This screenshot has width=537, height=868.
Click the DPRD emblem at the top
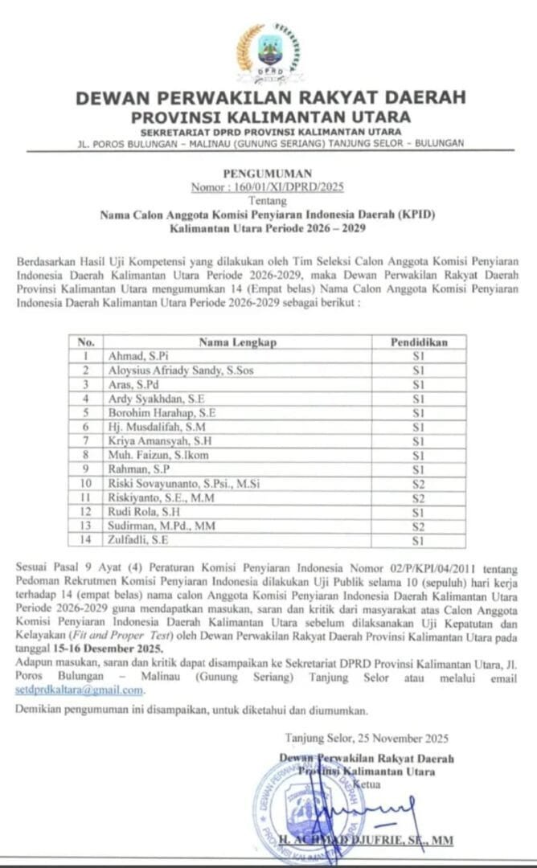[x=268, y=51]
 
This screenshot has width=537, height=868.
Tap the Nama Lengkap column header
[x=238, y=342]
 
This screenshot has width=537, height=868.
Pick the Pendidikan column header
[x=418, y=342]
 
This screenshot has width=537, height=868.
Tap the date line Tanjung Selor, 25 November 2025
[x=367, y=738]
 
